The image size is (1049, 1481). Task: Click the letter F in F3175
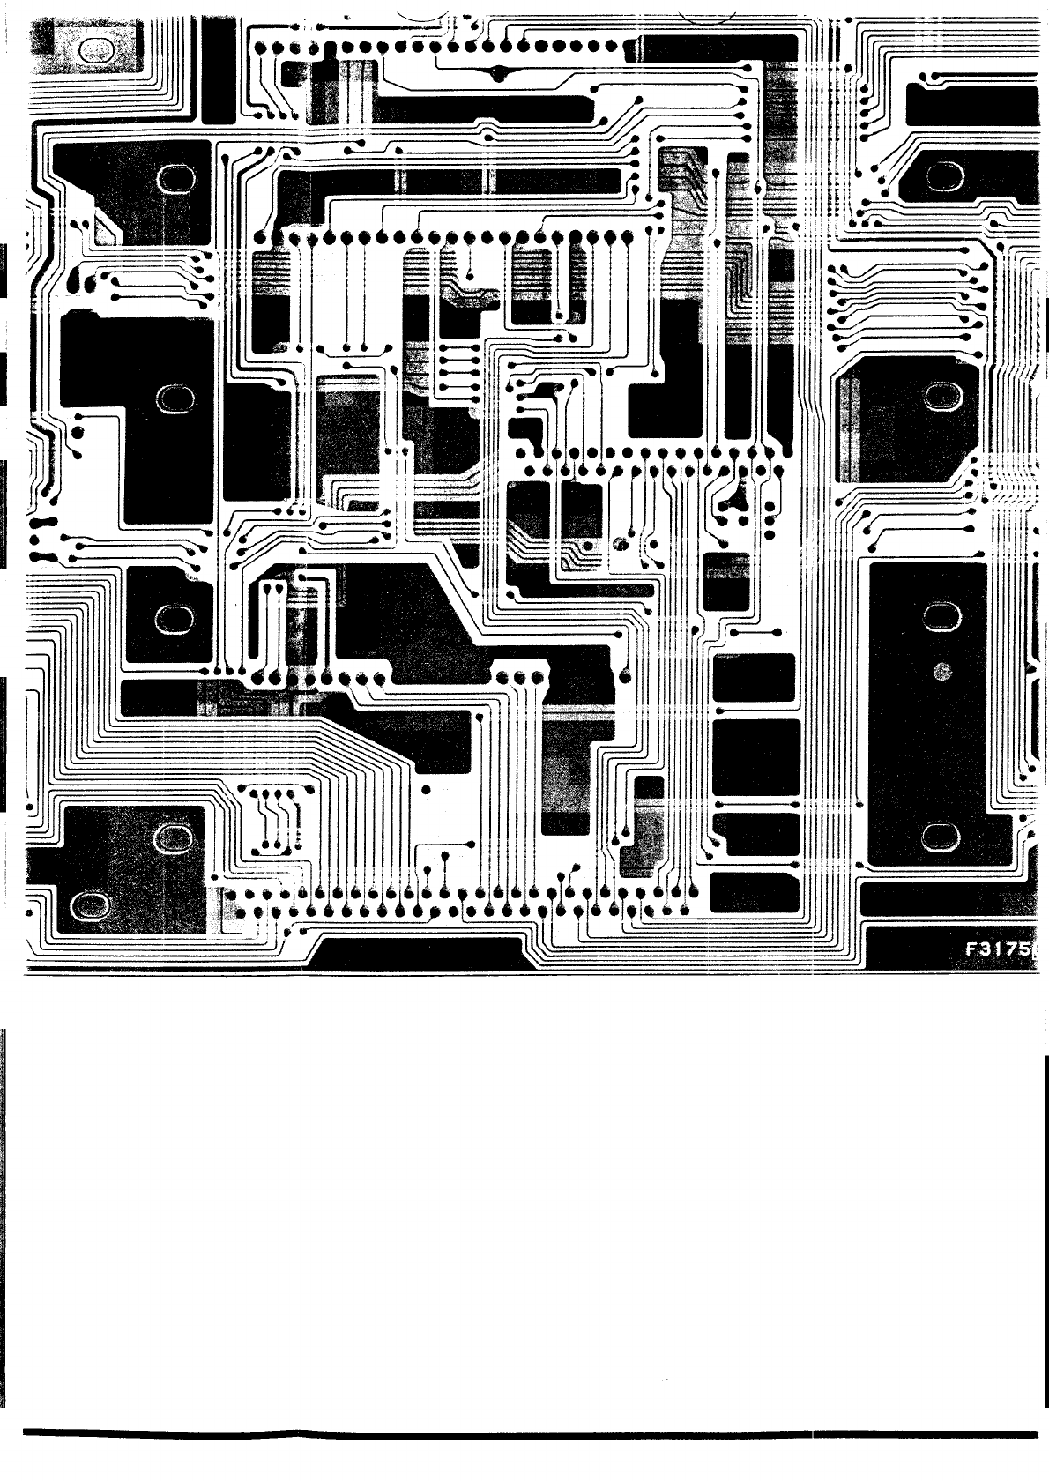[971, 951]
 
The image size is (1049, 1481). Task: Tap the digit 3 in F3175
[986, 951]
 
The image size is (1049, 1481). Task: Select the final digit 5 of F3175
[1025, 951]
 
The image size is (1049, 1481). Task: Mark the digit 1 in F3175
[999, 951]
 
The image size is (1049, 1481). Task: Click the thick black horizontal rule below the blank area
[529, 1434]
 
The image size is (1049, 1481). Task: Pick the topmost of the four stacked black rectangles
[754, 677]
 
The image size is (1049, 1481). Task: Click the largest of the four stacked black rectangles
[755, 756]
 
